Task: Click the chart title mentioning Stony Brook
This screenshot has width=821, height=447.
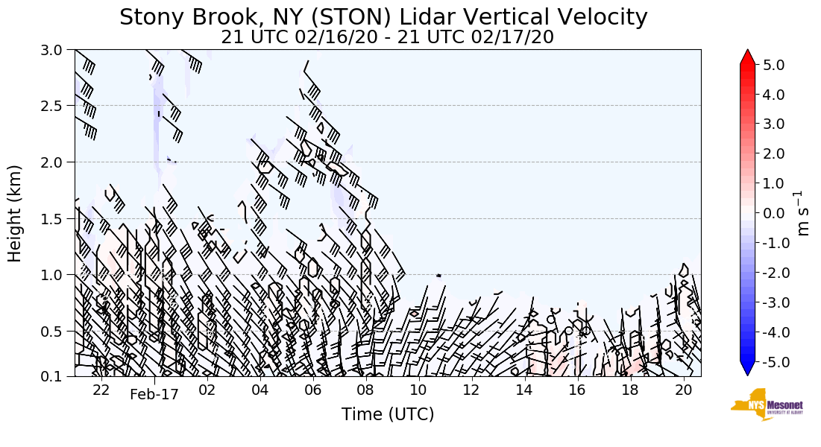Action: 383,16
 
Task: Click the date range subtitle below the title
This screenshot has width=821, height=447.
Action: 387,37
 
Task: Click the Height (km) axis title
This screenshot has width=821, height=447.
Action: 15,213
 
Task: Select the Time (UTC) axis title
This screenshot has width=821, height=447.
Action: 388,414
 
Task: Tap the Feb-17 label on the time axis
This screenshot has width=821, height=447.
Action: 154,394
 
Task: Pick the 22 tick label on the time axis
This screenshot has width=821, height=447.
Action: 101,391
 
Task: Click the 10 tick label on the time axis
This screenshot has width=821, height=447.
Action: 418,391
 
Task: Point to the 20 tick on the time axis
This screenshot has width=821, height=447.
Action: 683,391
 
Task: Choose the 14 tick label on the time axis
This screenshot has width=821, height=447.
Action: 524,391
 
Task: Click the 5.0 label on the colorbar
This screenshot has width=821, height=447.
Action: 775,65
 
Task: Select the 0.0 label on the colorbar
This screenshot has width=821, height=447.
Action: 775,213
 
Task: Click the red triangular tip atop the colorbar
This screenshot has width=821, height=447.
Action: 747,57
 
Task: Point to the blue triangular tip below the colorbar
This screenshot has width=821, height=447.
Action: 747,369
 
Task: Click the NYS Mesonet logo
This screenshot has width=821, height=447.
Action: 767,405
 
